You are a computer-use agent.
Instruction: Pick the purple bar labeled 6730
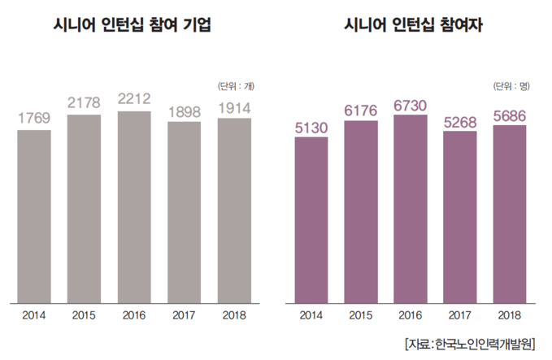[410, 207]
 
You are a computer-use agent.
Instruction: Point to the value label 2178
[84, 103]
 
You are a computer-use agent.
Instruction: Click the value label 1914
[234, 107]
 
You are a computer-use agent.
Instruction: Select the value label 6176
[360, 110]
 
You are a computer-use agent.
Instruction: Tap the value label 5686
[511, 115]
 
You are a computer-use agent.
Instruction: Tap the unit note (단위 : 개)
[236, 85]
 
